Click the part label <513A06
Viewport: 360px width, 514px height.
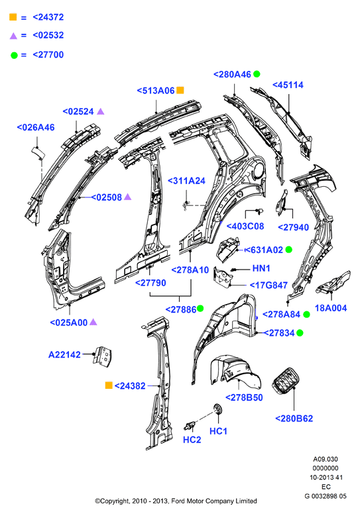point(156,91)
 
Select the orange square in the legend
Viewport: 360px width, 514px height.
point(13,17)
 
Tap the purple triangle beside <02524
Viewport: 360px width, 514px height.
point(101,111)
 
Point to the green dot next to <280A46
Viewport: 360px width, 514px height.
point(257,74)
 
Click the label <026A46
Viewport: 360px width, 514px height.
point(35,127)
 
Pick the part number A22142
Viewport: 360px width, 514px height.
point(64,354)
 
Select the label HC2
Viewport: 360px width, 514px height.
point(192,440)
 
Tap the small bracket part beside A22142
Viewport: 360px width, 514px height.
point(102,356)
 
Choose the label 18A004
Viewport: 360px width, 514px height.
point(331,308)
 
